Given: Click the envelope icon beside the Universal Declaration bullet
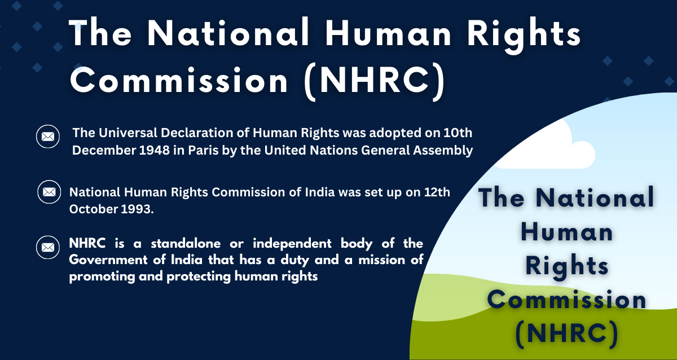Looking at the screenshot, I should point(48,137).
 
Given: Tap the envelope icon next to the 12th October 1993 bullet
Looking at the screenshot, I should point(49,192).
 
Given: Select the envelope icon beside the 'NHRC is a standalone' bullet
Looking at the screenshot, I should point(48,247).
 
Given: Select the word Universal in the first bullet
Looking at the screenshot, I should point(120,134).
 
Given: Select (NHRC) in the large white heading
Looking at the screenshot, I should point(373,80).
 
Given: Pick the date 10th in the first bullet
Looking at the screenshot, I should point(459,134).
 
